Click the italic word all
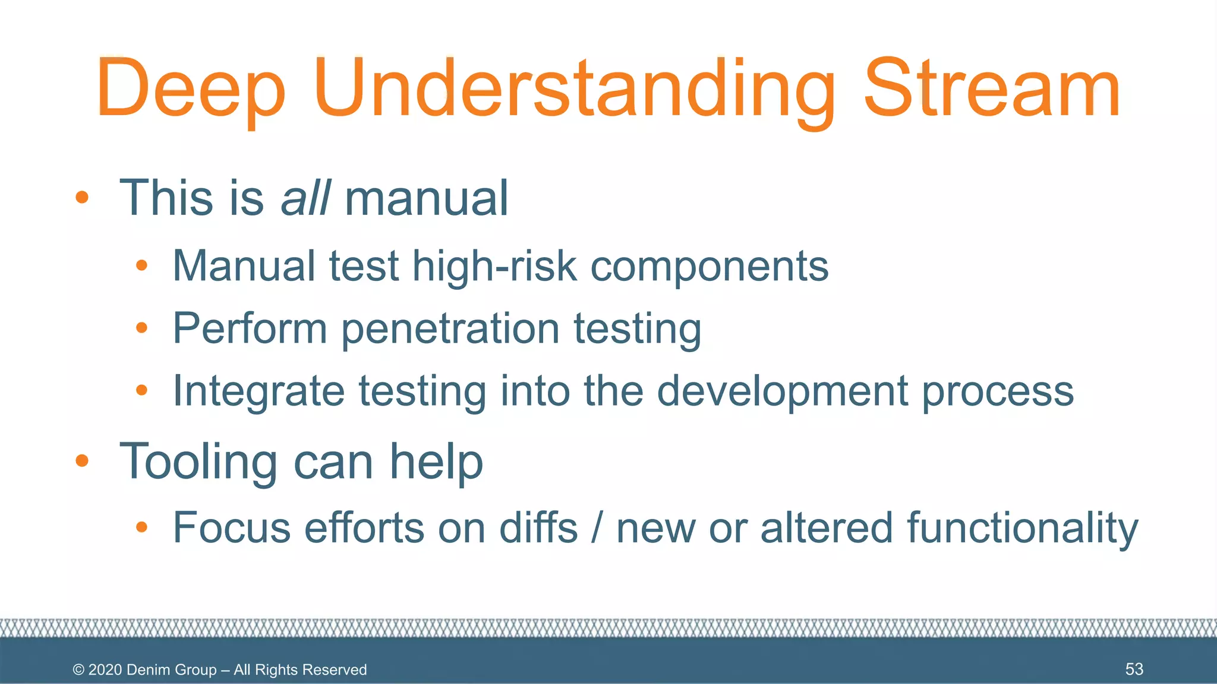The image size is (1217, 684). point(305,198)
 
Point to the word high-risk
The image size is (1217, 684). point(494,267)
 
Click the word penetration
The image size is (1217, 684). point(450,329)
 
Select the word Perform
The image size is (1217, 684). point(250,329)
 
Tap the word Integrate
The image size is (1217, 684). point(258,391)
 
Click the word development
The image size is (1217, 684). point(782,391)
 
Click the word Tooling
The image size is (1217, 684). point(198,462)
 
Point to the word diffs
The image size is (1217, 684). point(538,528)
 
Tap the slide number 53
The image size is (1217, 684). point(1134,669)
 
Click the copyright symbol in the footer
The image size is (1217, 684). point(78,670)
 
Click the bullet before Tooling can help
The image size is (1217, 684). point(82,461)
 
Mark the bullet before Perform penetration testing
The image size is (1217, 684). point(141,328)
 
